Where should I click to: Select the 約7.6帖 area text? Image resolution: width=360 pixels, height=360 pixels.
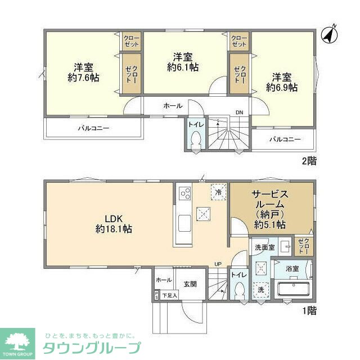(84, 78)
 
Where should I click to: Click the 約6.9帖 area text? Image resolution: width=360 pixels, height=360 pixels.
(282, 87)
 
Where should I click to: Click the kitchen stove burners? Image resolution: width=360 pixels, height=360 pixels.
(185, 195)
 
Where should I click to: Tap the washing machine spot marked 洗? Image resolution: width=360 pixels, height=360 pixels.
(261, 290)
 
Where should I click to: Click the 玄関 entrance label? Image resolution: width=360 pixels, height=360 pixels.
(190, 284)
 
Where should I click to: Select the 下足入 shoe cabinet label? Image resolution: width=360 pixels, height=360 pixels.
(169, 295)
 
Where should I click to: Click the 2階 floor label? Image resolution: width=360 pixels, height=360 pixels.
(309, 161)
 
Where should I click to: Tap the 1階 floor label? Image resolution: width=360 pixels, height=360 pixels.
(309, 310)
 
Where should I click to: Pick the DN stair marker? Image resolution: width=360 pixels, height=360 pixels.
(239, 112)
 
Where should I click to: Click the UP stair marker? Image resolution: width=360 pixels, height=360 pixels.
(217, 264)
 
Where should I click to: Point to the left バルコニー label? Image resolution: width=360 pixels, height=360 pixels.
(93, 128)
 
